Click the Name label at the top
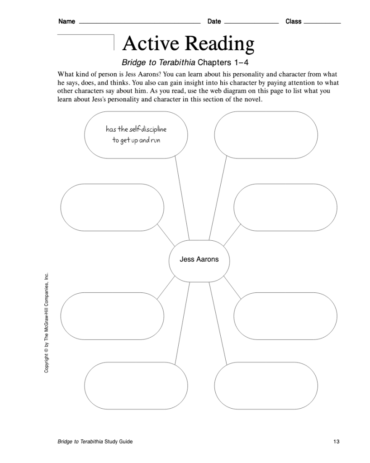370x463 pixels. (x=66, y=21)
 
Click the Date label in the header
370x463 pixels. (x=214, y=21)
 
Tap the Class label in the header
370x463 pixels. (x=293, y=21)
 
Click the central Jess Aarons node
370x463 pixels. (x=199, y=259)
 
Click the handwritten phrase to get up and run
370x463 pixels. (x=136, y=140)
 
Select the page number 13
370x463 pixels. (x=336, y=442)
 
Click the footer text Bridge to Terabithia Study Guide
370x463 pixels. (x=95, y=442)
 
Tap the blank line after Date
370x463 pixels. (x=251, y=23)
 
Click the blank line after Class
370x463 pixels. (x=323, y=23)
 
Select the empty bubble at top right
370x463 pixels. (x=266, y=135)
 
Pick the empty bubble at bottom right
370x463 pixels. (x=266, y=385)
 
